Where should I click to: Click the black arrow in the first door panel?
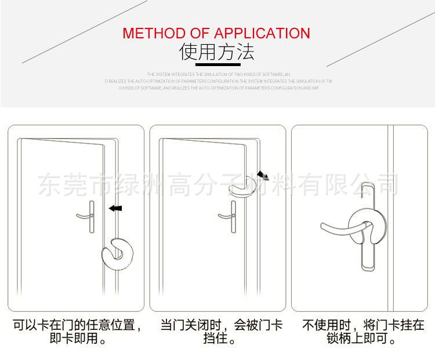pyautogui.click(x=116, y=208)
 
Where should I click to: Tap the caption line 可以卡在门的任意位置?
pyautogui.click(x=77, y=325)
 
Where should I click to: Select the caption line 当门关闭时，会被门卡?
pyautogui.click(x=222, y=325)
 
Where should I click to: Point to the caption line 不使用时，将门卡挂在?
pyautogui.click(x=363, y=325)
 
